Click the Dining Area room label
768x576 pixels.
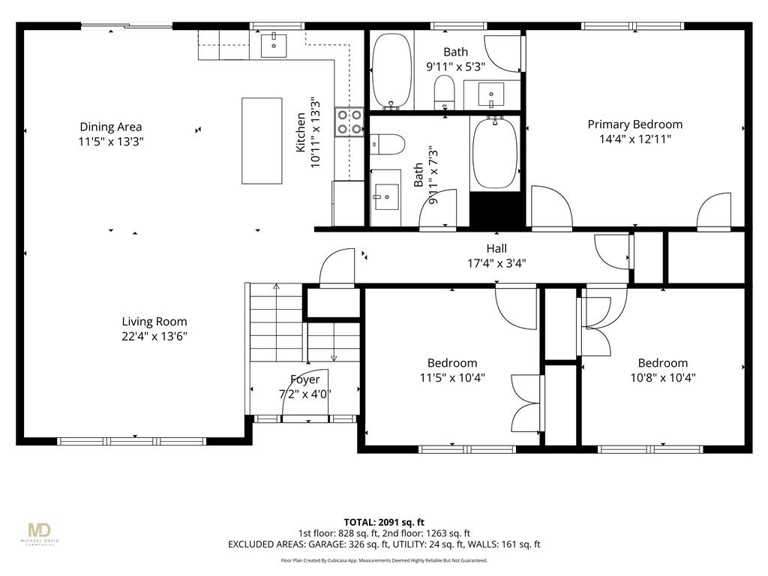coord(111,127)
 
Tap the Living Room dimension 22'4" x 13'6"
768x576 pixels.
coord(154,337)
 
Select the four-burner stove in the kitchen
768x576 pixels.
coord(349,122)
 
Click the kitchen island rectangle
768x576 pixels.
coord(262,141)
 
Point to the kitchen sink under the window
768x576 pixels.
coord(274,45)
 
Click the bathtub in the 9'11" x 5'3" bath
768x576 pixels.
coord(391,70)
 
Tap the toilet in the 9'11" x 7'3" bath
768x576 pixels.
coord(387,144)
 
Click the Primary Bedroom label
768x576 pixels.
coord(635,124)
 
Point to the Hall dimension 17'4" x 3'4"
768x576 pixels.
coord(496,263)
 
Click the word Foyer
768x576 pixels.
coord(304,379)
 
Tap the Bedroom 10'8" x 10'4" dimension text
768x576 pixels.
coord(663,378)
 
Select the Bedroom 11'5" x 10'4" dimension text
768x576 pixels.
coord(452,378)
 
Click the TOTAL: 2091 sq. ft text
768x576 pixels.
coord(384,522)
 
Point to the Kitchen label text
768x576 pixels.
coord(301,133)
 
